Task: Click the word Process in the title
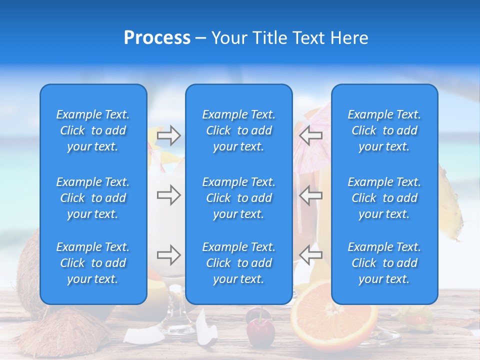(x=157, y=38)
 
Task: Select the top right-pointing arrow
(x=168, y=135)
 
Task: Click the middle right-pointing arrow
(x=168, y=195)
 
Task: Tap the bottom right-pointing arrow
(x=168, y=255)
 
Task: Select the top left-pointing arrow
(x=311, y=135)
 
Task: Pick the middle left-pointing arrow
(x=311, y=195)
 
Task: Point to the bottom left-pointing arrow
(x=311, y=255)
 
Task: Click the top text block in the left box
(x=93, y=130)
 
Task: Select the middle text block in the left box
(x=93, y=198)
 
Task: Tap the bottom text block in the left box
(x=93, y=263)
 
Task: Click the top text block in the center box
(x=239, y=130)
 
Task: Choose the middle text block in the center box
(x=239, y=198)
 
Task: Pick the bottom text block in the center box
(x=239, y=263)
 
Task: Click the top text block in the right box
(x=384, y=130)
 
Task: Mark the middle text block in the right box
(x=384, y=198)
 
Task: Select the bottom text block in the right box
(x=384, y=263)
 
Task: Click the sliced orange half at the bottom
(x=334, y=320)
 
